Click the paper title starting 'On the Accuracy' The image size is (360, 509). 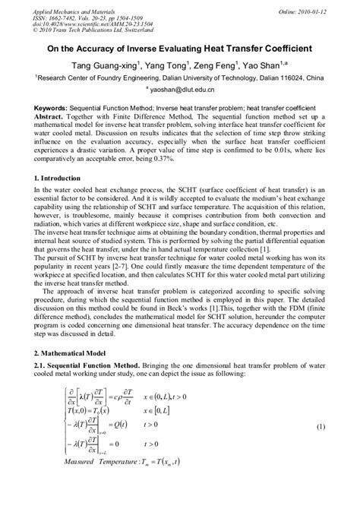pyautogui.click(x=180, y=48)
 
